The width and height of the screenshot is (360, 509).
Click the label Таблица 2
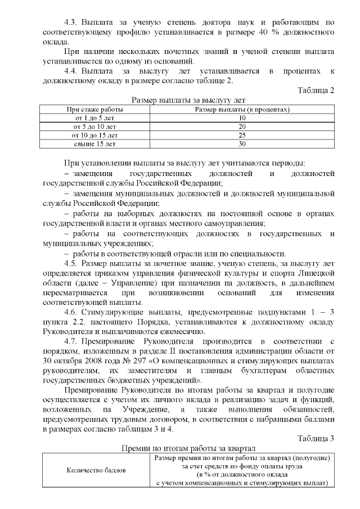(x=315, y=91)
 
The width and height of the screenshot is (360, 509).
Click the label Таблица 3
(x=315, y=439)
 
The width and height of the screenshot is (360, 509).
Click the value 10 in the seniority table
(x=242, y=118)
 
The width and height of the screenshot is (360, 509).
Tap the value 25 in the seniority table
(x=242, y=136)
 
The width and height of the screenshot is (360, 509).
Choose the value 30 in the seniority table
(x=242, y=144)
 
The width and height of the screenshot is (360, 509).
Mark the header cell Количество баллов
(x=97, y=470)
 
